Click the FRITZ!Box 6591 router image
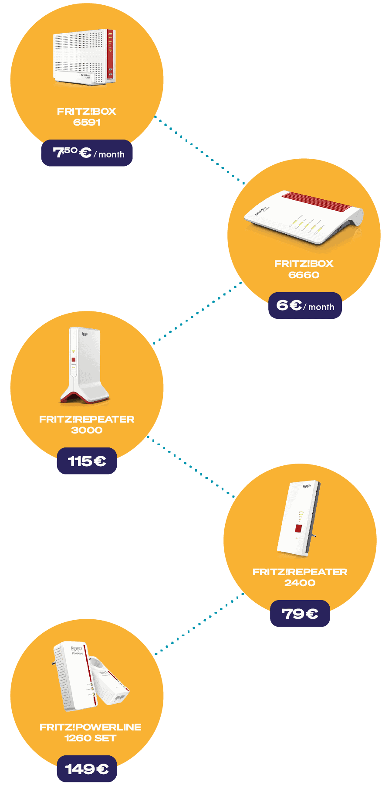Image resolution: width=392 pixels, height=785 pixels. (84, 57)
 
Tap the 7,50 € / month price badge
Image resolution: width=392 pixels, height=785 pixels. (87, 153)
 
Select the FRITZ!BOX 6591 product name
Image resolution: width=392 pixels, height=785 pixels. (87, 116)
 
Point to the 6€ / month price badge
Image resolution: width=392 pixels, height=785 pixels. (305, 305)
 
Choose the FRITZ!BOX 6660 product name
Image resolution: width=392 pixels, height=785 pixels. (304, 269)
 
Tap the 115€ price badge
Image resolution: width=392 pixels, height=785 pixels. (87, 461)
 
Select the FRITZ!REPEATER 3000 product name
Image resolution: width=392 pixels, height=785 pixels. (87, 424)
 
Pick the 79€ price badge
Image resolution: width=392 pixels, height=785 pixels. (300, 614)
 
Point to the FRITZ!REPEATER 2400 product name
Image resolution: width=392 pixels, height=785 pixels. (300, 577)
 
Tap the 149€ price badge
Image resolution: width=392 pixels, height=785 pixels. (87, 768)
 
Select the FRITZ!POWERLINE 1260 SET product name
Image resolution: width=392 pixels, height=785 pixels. (90, 732)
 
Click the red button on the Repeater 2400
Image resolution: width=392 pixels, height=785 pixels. (298, 529)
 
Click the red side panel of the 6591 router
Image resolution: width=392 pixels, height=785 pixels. (111, 55)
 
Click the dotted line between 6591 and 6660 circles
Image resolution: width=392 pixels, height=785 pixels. (199, 150)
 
